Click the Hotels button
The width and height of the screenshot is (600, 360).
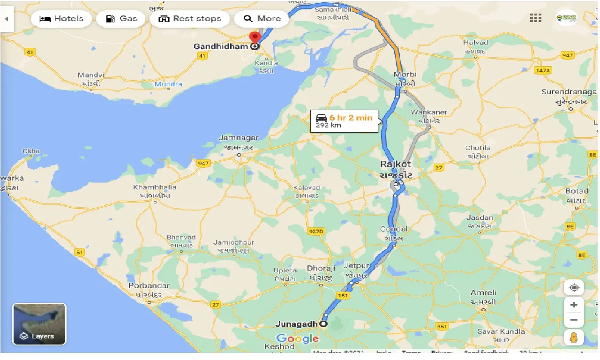pyautogui.click(x=61, y=19)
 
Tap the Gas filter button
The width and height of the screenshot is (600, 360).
pyautogui.click(x=121, y=19)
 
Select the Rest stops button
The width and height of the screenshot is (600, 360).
pyautogui.click(x=190, y=19)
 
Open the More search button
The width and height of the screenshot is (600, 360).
pyautogui.click(x=262, y=19)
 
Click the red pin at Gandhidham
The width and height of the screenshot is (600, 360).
pyautogui.click(x=255, y=37)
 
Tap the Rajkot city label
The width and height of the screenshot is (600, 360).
pyautogui.click(x=396, y=165)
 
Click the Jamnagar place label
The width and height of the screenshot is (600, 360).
pyautogui.click(x=239, y=138)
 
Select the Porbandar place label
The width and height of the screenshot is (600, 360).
pyautogui.click(x=149, y=285)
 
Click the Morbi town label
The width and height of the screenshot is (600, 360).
pyautogui.click(x=405, y=75)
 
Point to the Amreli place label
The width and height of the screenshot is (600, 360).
pyautogui.click(x=483, y=293)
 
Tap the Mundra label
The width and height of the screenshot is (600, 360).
pyautogui.click(x=169, y=84)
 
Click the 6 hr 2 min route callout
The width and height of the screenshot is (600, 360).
pyautogui.click(x=344, y=121)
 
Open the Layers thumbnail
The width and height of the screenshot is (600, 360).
pyautogui.click(x=39, y=324)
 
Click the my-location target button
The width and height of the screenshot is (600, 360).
pyautogui.click(x=574, y=287)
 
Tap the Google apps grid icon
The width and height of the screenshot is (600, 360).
pyautogui.click(x=536, y=18)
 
